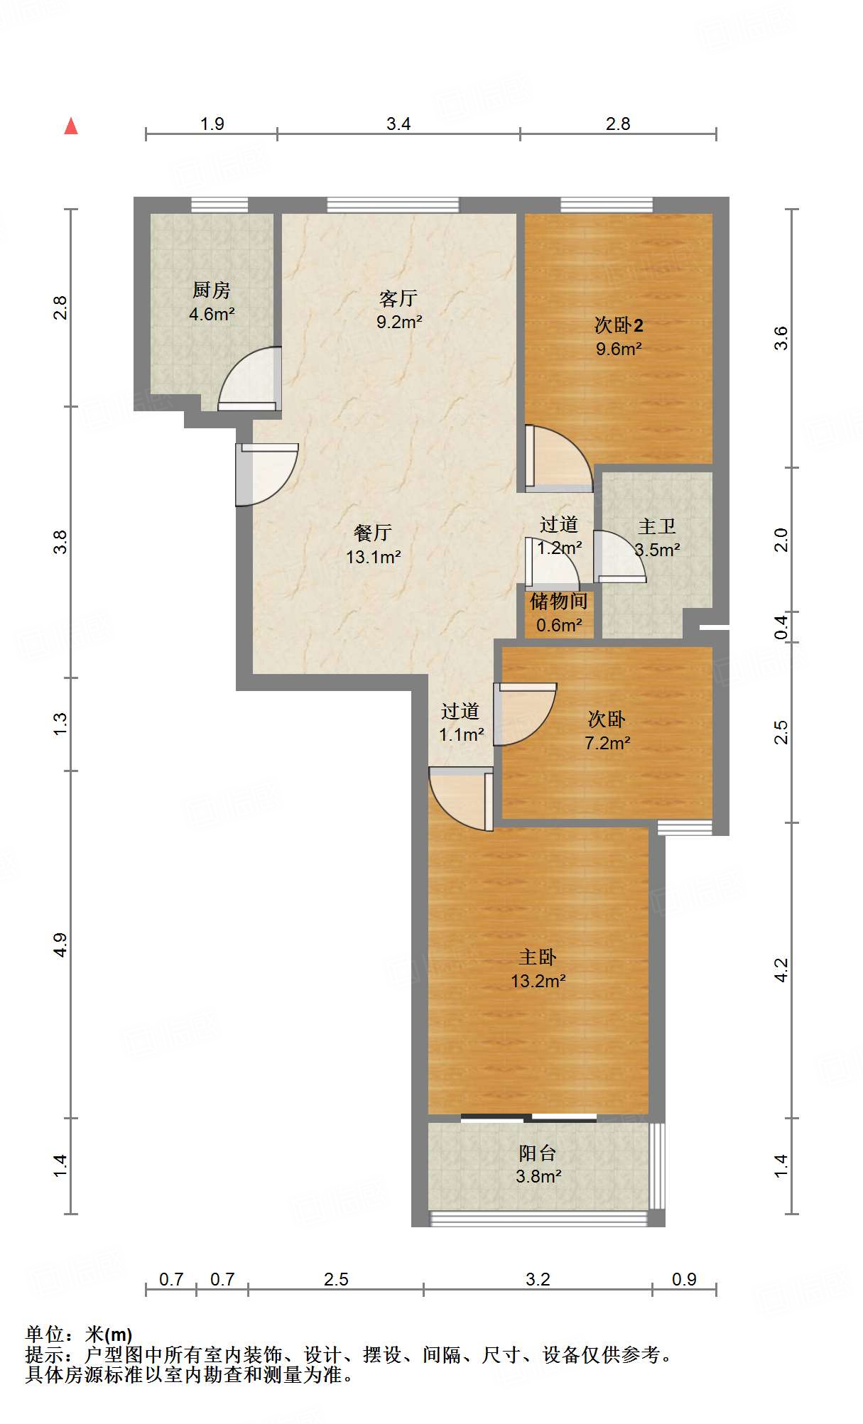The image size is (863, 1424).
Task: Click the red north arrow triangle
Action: (x=71, y=126)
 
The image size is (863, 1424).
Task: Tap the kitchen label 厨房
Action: (x=212, y=290)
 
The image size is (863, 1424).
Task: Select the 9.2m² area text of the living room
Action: (x=399, y=322)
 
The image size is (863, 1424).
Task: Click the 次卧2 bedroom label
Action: (x=619, y=325)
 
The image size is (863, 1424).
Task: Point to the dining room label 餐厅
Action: (x=373, y=533)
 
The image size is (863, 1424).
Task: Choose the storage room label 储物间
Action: (x=559, y=601)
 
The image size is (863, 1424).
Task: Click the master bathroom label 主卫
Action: (x=657, y=526)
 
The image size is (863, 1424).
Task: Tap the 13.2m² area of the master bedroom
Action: (x=538, y=981)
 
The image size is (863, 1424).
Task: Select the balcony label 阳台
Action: (x=538, y=1153)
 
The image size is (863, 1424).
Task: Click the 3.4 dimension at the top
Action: (x=398, y=124)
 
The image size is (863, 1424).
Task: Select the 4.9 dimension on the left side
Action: (x=60, y=945)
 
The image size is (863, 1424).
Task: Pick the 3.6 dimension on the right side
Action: (x=781, y=338)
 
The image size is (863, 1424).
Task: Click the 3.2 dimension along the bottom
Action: (x=538, y=1279)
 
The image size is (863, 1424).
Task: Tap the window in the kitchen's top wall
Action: (x=219, y=205)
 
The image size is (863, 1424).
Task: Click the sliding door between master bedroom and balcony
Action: (x=528, y=1118)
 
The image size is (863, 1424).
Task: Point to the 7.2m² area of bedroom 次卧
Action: (x=607, y=743)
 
